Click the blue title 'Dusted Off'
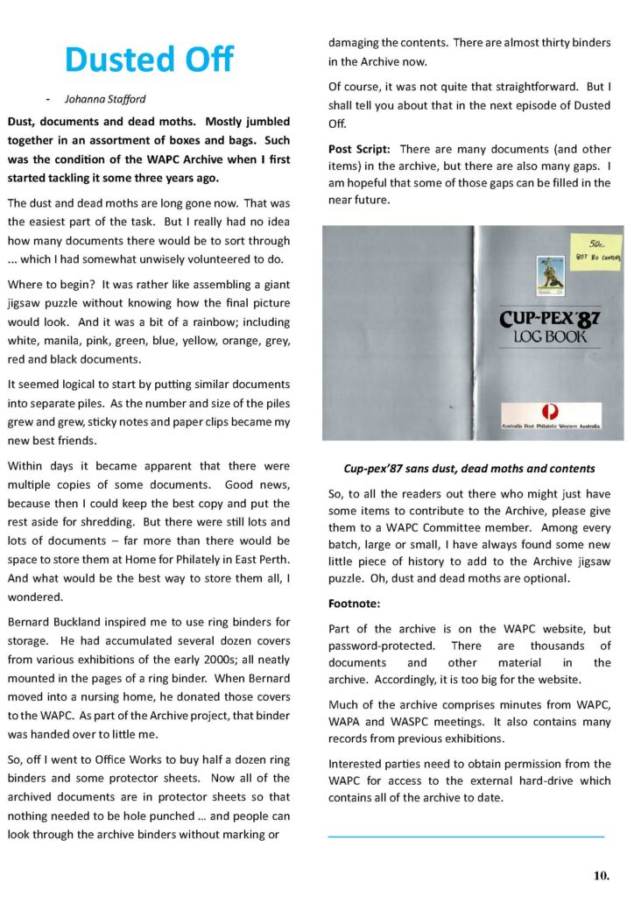[150, 60]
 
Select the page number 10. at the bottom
[601, 874]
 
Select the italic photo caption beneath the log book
[468, 469]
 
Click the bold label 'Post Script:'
[360, 148]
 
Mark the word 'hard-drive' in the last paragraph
[545, 781]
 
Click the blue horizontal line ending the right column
[466, 837]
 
